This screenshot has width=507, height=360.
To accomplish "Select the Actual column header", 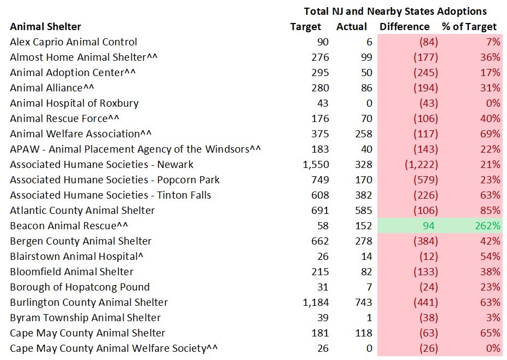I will pos(354,26).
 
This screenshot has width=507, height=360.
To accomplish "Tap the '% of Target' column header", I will pos(469,26).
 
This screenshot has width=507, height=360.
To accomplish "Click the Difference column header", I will pos(404,26).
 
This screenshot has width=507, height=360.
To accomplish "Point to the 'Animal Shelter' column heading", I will pos(45,26).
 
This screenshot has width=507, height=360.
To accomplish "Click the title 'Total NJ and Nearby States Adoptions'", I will pos(395,11).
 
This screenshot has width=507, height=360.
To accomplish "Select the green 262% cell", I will pos(488,225).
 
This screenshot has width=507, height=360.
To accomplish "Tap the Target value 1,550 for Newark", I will pos(314,164).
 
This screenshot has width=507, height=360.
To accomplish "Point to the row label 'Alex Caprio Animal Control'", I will pos(73,42).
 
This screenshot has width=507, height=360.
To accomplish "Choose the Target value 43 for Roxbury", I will pos(323,103).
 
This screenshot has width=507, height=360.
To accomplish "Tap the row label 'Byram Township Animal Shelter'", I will pos(85,317).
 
